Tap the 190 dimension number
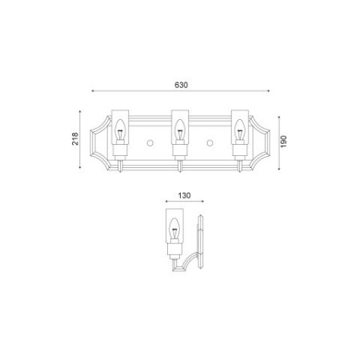[x=283, y=140]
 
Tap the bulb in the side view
[x=175, y=226]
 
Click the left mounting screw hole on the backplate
[x=150, y=142]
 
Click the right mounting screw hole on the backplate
[x=210, y=142]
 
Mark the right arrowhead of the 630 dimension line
[x=268, y=90]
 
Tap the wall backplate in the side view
[x=203, y=244]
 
